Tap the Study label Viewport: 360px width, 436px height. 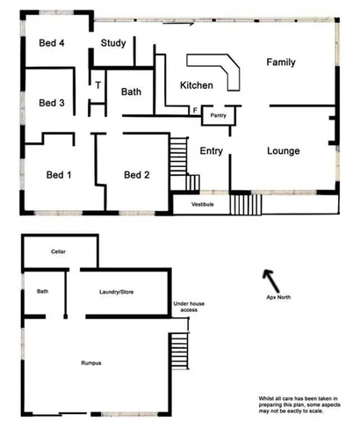(113, 43)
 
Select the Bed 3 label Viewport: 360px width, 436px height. (52, 103)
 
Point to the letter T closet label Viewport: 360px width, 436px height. (98, 85)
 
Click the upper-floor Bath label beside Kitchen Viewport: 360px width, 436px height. (132, 91)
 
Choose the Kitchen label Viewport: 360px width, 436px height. (197, 85)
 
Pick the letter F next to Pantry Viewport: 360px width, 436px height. (195, 111)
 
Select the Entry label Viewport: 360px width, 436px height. (212, 151)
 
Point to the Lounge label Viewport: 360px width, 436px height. (284, 151)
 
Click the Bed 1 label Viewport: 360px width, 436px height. (57, 174)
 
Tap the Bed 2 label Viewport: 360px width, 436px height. (137, 174)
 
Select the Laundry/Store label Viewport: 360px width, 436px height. (121, 291)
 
